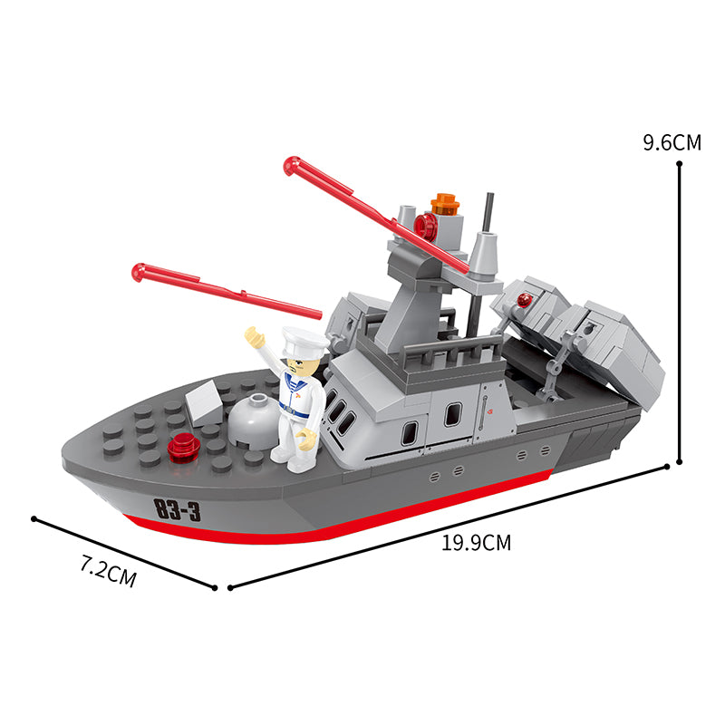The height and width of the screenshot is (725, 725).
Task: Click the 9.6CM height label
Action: [672, 142]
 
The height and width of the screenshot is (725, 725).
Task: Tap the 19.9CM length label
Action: [477, 542]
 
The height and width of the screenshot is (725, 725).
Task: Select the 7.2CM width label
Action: [109, 572]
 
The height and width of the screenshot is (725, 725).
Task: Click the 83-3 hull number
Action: [178, 509]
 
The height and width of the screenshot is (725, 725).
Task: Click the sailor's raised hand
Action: [255, 336]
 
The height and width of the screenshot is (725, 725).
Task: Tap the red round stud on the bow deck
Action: [183, 447]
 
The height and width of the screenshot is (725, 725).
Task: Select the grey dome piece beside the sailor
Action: [254, 420]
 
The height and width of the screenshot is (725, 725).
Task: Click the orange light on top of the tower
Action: [444, 204]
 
